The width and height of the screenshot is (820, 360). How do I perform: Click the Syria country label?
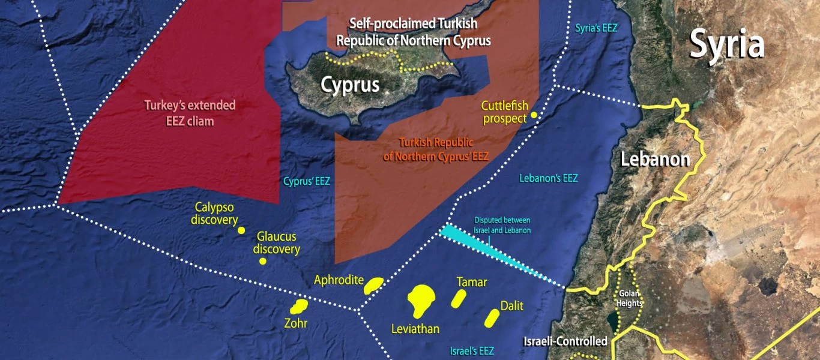click(x=726, y=44)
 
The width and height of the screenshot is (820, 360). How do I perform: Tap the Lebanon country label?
click(x=654, y=160)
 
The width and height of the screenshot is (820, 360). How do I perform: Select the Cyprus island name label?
click(x=350, y=85)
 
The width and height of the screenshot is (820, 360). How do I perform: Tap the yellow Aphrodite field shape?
click(x=373, y=286)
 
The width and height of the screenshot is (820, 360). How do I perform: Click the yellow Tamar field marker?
click(x=459, y=298)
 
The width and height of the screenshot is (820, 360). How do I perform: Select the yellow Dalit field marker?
click(x=492, y=318)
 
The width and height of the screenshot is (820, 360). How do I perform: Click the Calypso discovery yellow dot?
click(x=241, y=230)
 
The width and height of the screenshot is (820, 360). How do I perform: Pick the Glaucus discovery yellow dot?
click(x=262, y=261)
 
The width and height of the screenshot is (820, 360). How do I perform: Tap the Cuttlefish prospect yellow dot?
click(x=533, y=115)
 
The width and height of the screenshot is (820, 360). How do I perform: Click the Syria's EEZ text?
click(x=596, y=28)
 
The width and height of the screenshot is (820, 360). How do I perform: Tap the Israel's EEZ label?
click(x=472, y=351)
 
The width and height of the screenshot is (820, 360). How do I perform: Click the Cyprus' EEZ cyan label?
click(x=306, y=180)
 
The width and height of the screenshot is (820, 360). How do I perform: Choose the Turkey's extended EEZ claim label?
click(x=190, y=113)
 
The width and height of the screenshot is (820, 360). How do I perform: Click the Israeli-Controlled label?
click(x=565, y=341)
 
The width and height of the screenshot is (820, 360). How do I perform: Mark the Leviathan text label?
click(x=415, y=329)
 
